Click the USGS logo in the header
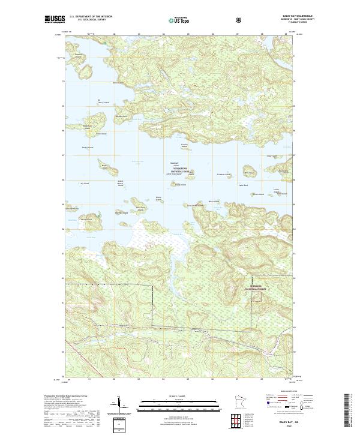53,19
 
